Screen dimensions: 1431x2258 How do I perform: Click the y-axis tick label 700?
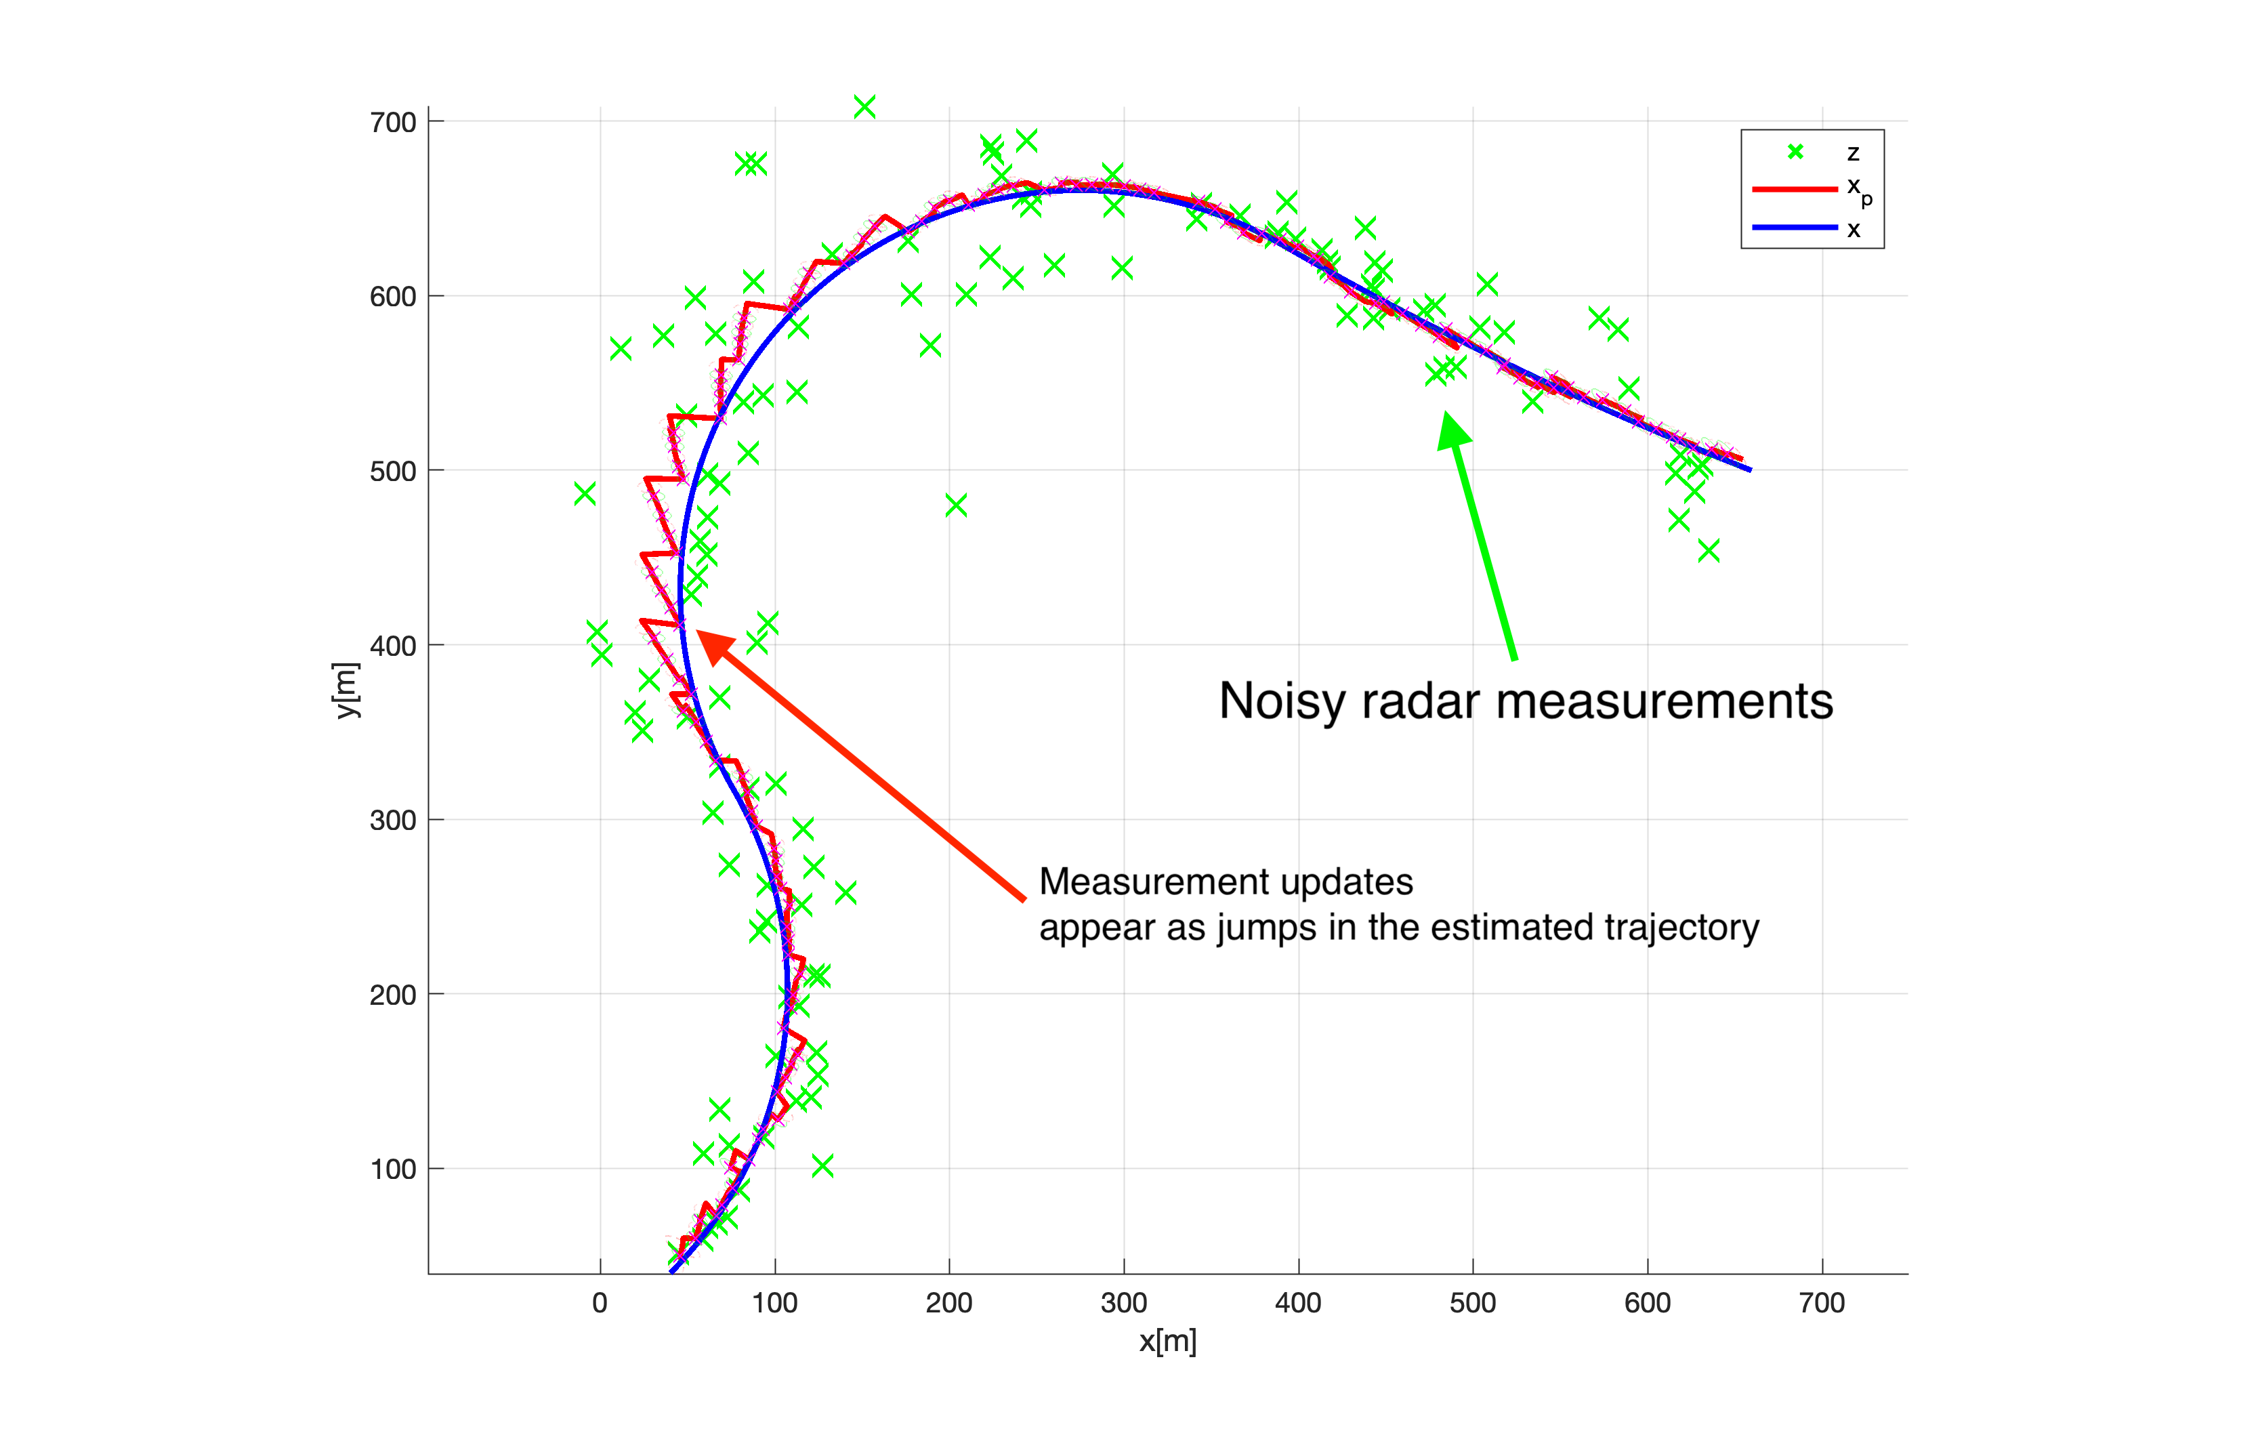[x=392, y=123]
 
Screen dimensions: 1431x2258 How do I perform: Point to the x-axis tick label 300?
[x=1123, y=1302]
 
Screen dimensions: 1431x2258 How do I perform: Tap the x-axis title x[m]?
[x=1167, y=1341]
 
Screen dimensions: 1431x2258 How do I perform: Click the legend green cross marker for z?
[x=1795, y=152]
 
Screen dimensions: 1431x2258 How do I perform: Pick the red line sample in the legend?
[x=1794, y=190]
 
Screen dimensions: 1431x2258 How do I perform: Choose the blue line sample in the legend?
[x=1794, y=228]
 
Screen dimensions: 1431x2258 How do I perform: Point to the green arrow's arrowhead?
[x=1452, y=432]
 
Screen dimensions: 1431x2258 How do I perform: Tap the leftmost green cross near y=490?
[x=584, y=493]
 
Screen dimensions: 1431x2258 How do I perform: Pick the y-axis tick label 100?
[x=392, y=1169]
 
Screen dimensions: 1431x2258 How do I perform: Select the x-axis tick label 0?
[x=600, y=1302]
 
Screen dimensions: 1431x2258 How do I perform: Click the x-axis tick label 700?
[x=1821, y=1302]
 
